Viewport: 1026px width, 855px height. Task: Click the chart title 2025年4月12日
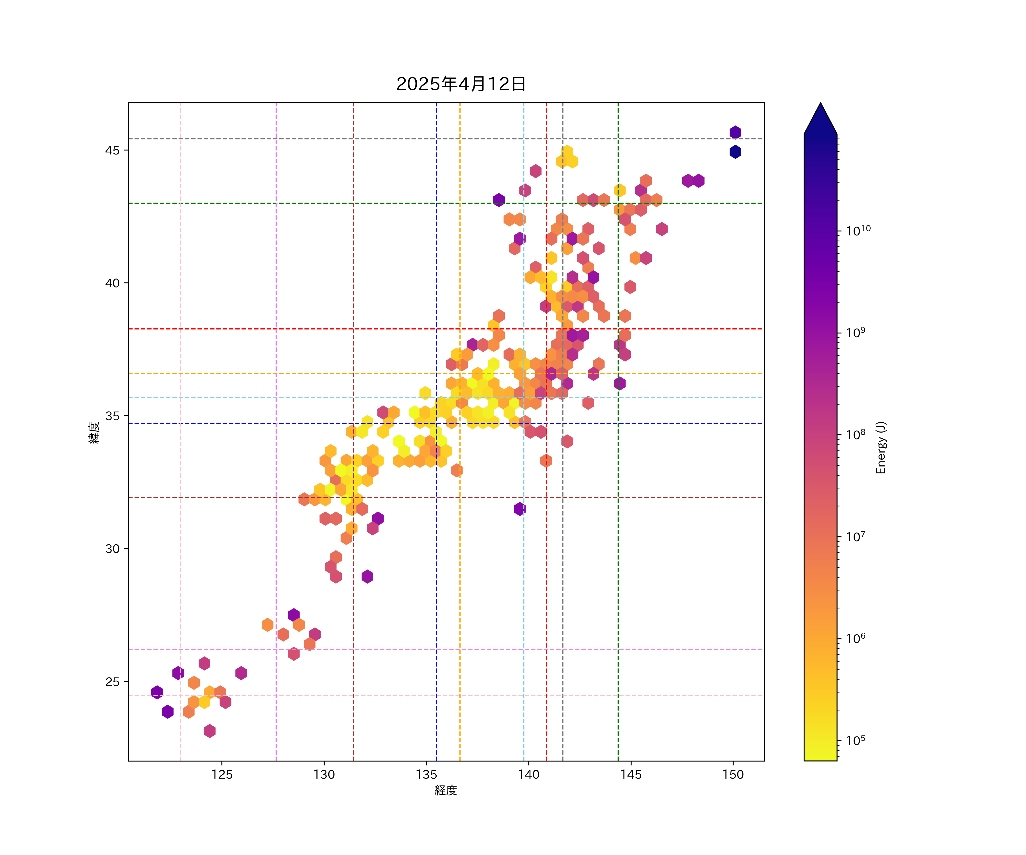[x=461, y=84]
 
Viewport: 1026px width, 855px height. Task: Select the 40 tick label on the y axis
[x=112, y=283]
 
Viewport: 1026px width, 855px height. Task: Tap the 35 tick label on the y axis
[x=112, y=416]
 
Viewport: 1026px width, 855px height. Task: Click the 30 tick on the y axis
[x=112, y=549]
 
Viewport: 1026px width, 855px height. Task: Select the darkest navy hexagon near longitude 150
[x=735, y=152]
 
